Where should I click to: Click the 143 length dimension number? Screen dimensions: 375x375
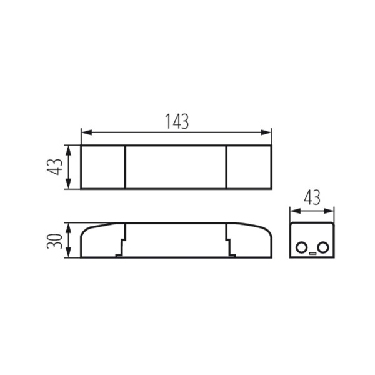point(177,121)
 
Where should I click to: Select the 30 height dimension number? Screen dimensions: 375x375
point(54,241)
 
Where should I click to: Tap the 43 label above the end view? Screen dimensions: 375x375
point(312,197)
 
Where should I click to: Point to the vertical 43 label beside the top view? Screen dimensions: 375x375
point(54,167)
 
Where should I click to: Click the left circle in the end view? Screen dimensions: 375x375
point(301,247)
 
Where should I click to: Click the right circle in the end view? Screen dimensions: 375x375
point(323,247)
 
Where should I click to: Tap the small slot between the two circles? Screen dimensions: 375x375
point(312,253)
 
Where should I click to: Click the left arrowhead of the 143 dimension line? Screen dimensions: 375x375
point(87,132)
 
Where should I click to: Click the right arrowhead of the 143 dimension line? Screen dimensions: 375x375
point(266,132)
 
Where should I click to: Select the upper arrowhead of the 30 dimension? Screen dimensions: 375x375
point(68,228)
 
